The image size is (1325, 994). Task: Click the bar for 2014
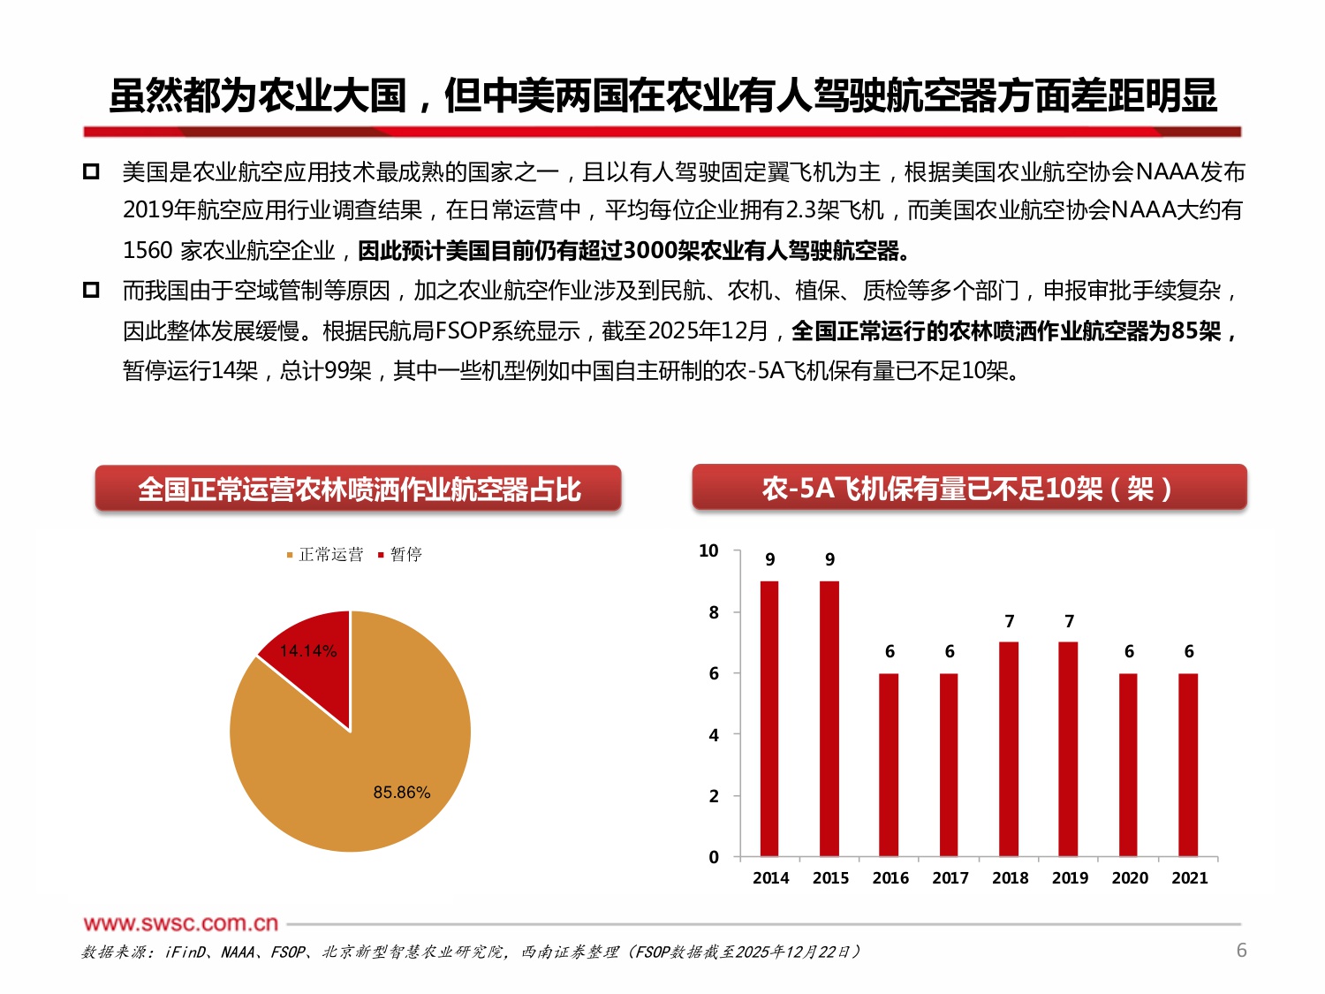[769, 718]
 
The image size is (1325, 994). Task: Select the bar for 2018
[1009, 749]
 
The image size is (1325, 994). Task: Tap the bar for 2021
[1188, 765]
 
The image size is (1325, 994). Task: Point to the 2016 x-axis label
[890, 877]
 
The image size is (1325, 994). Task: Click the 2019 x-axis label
[1070, 877]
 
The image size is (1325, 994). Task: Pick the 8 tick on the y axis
[714, 612]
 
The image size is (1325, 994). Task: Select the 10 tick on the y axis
[708, 551]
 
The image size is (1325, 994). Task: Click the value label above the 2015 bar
[829, 559]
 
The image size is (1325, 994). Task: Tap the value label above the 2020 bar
[1129, 651]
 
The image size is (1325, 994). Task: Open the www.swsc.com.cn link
[181, 923]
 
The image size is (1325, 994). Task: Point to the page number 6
[1241, 951]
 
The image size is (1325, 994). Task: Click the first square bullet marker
[91, 171]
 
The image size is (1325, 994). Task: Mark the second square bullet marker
[91, 290]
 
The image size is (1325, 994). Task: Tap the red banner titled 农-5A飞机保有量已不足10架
[969, 488]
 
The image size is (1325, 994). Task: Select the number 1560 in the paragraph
[148, 251]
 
